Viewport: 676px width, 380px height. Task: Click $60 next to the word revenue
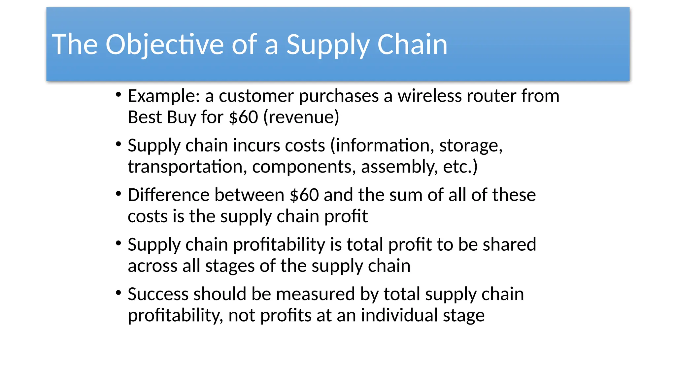tap(243, 117)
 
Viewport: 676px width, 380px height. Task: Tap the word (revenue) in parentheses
tap(301, 117)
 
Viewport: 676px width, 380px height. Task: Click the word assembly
tap(399, 167)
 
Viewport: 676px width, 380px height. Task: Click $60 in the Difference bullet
tap(304, 195)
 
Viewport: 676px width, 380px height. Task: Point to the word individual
tap(399, 315)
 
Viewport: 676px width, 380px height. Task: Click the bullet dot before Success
tap(118, 292)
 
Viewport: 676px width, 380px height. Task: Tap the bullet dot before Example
tap(118, 95)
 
